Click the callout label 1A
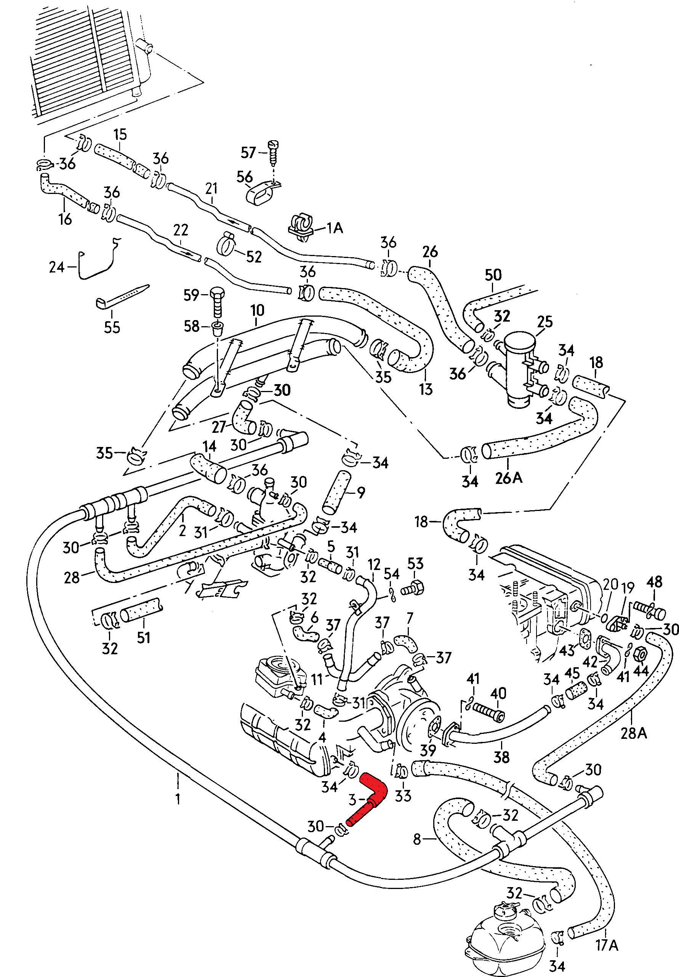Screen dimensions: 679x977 click(x=335, y=228)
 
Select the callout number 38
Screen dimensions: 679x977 click(x=501, y=757)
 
